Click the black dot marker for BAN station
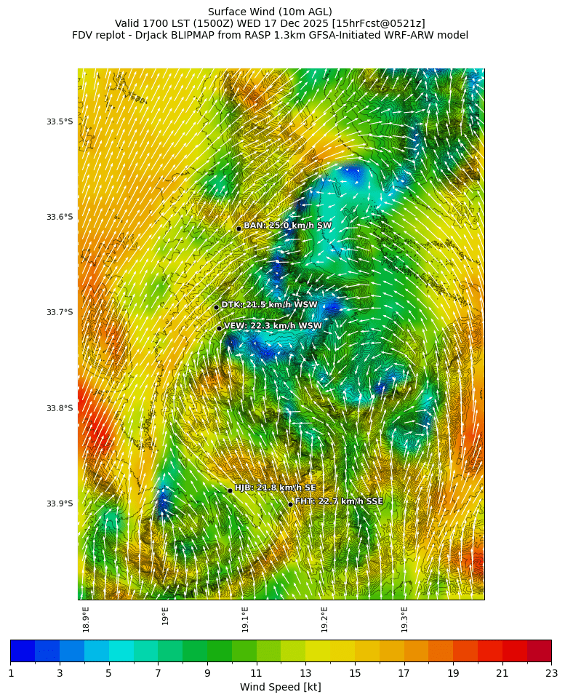coord(239,228)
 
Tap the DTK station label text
coord(269,305)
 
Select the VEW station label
coord(273,326)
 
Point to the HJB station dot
coord(230,490)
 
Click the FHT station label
coord(339,501)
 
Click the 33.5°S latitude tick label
coord(60,122)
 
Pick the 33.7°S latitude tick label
coord(60,312)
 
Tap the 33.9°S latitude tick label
coord(60,504)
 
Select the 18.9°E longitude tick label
coord(86,619)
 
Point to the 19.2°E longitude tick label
coord(324,619)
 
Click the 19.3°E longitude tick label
coord(404,619)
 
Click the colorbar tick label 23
coord(551,673)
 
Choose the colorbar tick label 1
coord(11,673)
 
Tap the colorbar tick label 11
coord(256,673)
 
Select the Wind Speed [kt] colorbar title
coord(281,687)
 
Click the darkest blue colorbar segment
coord(23,651)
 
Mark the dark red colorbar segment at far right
coord(539,651)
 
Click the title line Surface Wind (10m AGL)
coord(270,12)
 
